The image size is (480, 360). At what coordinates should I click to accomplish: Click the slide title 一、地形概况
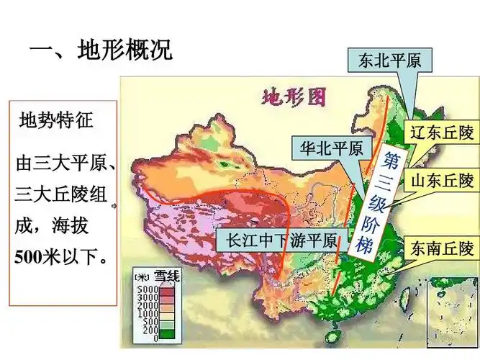click(100, 51)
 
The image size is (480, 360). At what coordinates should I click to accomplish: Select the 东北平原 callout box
click(389, 60)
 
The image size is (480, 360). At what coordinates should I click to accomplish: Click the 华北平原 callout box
click(331, 148)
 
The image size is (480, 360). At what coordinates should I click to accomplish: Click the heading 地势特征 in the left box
click(56, 118)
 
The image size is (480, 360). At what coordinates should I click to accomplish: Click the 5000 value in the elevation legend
click(146, 289)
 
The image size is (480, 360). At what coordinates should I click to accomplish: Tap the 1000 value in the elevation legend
click(146, 312)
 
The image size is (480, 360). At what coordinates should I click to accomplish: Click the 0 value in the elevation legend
click(154, 338)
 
